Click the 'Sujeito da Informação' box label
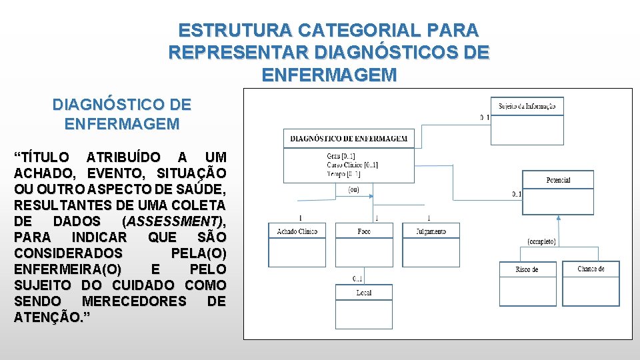coord(527,106)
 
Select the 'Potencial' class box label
coord(558,180)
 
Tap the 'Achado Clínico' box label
coord(297,231)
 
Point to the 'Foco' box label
coord(364,231)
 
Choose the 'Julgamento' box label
coord(431,231)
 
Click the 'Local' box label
coord(364,293)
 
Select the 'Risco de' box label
coord(527,269)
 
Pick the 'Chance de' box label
coord(591,269)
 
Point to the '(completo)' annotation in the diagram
coord(541,241)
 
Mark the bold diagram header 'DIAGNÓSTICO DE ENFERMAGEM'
coord(349,139)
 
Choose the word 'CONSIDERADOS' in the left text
coord(68,253)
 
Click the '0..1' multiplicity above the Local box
coord(358,279)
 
